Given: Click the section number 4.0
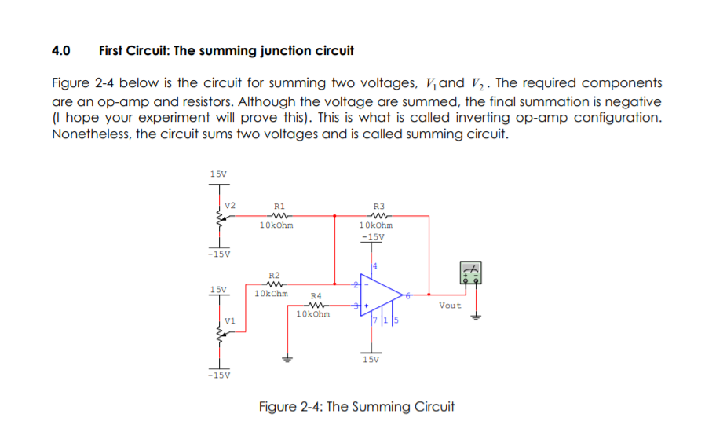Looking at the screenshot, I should coord(60,51).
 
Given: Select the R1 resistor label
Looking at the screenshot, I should coord(279,205).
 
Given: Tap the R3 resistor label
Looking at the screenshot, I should coord(379,205).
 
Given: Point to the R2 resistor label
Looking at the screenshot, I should coord(274,275).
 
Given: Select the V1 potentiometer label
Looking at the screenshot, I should coord(229,320).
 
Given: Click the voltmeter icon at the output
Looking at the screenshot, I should coord(470,273).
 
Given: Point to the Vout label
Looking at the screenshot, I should coord(450,306).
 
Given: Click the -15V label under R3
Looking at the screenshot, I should coord(372,236).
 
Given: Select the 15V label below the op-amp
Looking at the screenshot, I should coord(371,360).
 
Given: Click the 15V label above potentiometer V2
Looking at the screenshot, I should coord(218,173).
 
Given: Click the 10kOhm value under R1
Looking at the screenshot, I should coord(276,225).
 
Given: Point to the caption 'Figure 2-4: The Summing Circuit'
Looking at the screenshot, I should coord(356,407).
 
